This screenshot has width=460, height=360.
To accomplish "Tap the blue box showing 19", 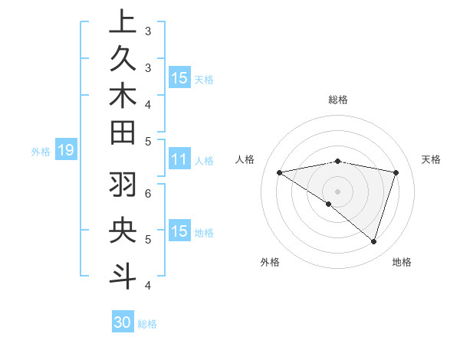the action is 65,151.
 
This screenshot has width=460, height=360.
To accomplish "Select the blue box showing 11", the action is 179,160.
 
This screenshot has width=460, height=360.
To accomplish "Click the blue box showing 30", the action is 123,323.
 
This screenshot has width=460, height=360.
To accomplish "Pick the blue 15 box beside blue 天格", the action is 179,78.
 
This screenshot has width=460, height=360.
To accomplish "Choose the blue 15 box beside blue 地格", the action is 179,231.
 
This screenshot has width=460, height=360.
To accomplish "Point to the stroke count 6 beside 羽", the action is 147,192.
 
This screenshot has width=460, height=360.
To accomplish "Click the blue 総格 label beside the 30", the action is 147,324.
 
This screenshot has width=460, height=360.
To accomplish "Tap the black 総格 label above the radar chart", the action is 337,100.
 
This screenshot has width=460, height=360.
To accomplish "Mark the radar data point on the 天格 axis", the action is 396,172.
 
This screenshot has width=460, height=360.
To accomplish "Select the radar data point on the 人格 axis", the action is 279,172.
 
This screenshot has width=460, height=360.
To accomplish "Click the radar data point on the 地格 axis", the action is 373,241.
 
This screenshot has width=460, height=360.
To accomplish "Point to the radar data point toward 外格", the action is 329,204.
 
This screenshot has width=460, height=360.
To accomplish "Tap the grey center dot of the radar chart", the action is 337,191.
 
